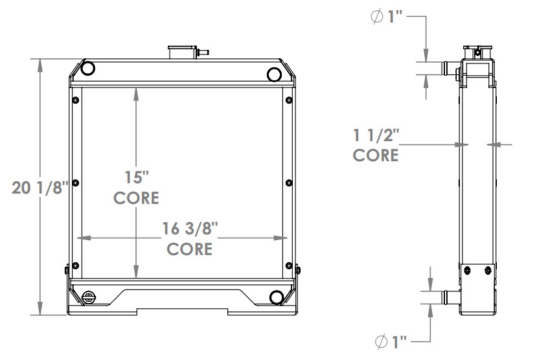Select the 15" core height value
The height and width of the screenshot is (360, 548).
(x=136, y=176)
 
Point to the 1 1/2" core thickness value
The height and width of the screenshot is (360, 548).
(x=376, y=135)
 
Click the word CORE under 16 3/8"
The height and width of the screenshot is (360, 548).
(x=189, y=249)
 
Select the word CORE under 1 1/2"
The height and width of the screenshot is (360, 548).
(x=376, y=155)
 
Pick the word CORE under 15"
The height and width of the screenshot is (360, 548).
(x=136, y=197)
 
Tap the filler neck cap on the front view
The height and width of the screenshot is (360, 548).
(x=183, y=52)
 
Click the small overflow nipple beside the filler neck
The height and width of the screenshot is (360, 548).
(x=204, y=51)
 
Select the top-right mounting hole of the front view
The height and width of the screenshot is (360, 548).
(x=276, y=74)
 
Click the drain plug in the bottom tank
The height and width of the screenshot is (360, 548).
(x=89, y=297)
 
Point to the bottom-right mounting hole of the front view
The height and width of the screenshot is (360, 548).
(x=277, y=297)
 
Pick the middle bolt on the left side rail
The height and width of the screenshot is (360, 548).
(x=76, y=182)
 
